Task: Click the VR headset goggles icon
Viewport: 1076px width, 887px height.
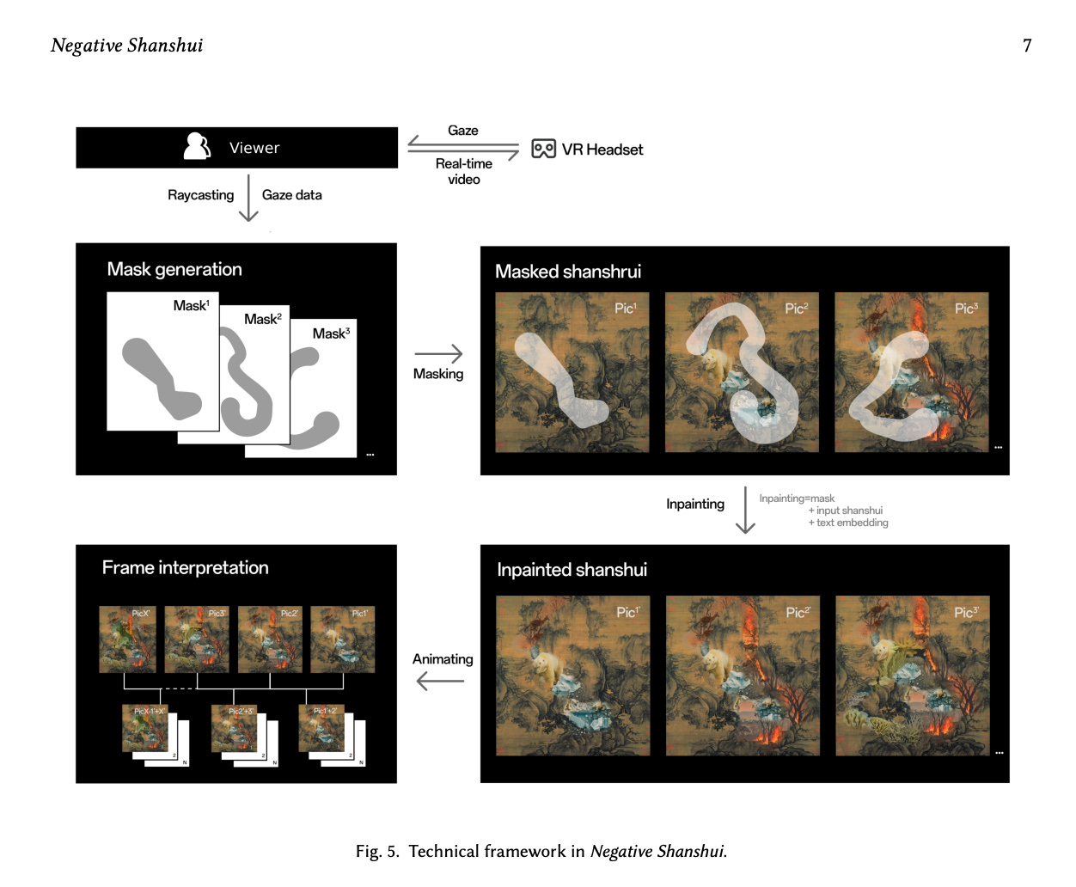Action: (x=543, y=150)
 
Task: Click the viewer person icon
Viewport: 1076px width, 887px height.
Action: (x=197, y=147)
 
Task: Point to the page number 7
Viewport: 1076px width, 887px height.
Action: (x=1027, y=46)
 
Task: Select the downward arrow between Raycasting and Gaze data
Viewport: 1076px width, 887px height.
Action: (x=248, y=198)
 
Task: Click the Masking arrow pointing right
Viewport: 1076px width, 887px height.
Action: (x=438, y=353)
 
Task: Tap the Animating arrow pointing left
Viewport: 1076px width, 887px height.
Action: (x=440, y=681)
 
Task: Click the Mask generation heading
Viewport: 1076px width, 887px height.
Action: (x=174, y=269)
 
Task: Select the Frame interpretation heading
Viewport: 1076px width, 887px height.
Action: (x=185, y=567)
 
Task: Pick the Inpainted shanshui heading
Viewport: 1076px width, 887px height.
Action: (x=572, y=570)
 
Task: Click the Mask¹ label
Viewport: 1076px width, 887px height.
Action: (x=191, y=306)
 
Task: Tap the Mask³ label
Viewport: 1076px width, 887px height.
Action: (x=331, y=333)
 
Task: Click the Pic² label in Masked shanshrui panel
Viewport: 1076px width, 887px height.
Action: (x=796, y=309)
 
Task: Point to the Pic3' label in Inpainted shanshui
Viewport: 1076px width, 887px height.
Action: (x=966, y=613)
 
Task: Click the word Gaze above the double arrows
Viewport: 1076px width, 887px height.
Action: (x=462, y=131)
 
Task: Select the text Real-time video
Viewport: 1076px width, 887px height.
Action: (x=464, y=171)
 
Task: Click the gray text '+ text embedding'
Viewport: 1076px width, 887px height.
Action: (x=848, y=523)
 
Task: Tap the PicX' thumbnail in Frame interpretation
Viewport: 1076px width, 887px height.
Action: (x=127, y=639)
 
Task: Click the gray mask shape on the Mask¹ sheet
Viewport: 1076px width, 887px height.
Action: (x=160, y=378)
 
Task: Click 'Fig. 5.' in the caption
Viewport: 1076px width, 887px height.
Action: (x=377, y=852)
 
